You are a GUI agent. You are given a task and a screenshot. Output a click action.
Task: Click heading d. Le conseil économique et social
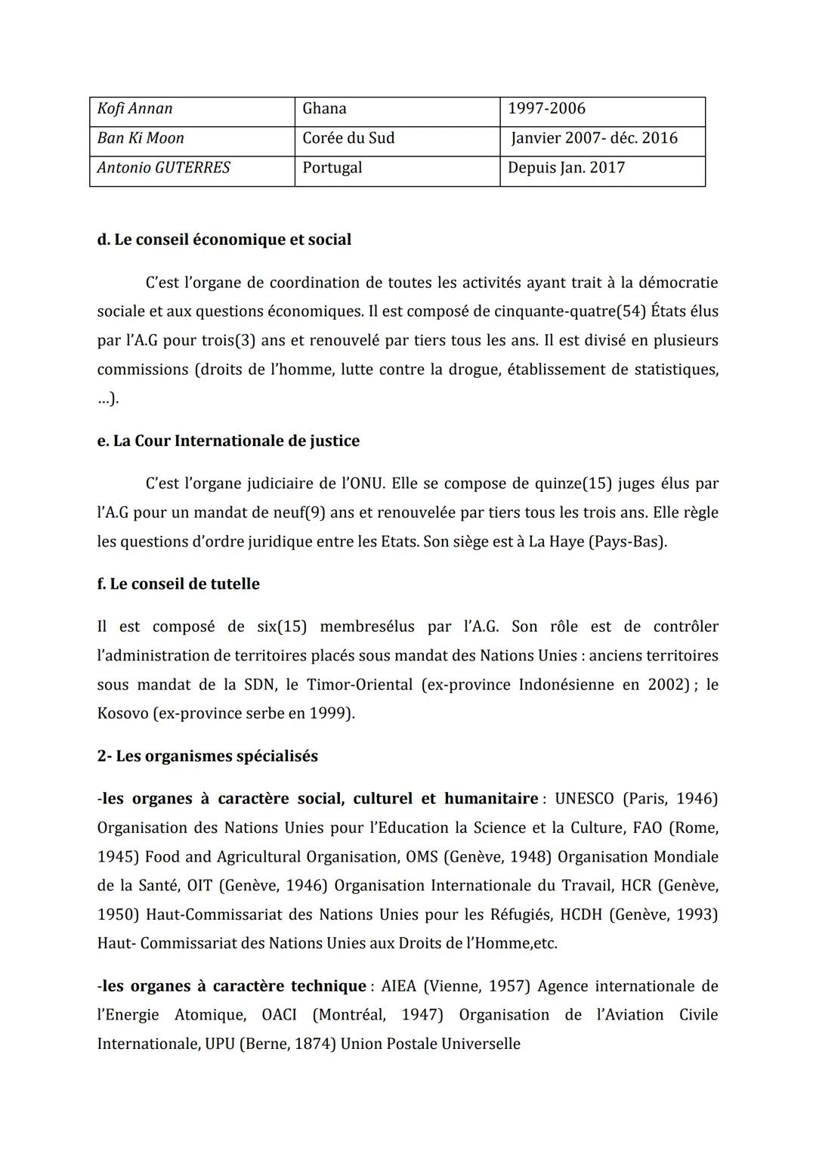(x=224, y=240)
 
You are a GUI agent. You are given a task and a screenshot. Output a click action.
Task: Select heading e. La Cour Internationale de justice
(x=228, y=441)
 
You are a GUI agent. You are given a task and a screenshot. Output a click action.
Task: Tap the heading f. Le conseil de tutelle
(x=178, y=584)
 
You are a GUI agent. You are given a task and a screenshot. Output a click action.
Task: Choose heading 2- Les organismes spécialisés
(x=208, y=756)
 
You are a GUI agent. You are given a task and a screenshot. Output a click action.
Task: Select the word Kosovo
(x=122, y=713)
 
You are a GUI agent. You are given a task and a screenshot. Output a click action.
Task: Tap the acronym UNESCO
(x=584, y=799)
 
